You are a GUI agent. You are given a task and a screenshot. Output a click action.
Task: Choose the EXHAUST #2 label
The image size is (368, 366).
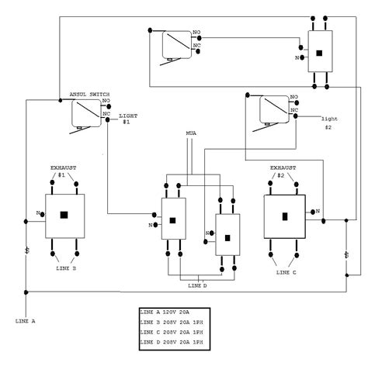click(x=283, y=171)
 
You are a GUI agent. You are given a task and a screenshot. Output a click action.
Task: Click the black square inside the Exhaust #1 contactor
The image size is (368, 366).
click(x=65, y=214)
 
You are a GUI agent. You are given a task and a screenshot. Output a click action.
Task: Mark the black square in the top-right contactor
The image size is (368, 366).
click(x=320, y=53)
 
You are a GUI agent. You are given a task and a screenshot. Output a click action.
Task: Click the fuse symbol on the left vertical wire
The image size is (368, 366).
click(x=27, y=252)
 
